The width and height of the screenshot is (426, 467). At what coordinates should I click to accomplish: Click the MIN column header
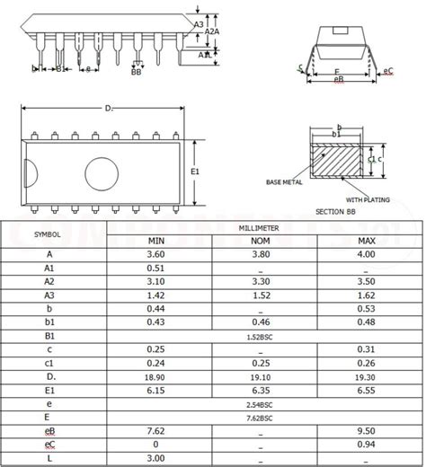click(155, 242)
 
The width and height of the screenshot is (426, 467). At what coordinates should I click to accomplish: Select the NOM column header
click(261, 242)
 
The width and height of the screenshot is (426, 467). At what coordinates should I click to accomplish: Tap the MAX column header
click(366, 242)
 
